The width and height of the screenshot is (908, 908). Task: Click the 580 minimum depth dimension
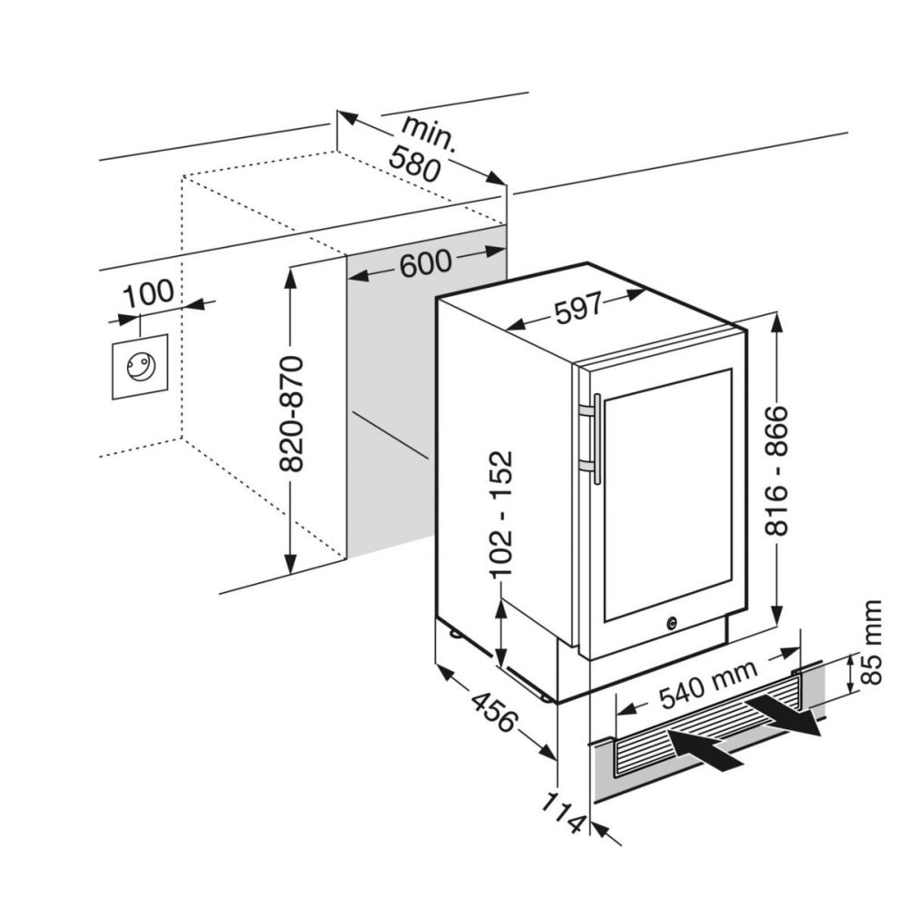415,163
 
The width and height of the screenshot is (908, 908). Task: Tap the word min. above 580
429,135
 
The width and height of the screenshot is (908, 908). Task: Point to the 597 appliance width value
578,308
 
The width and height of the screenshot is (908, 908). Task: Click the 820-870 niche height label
291,414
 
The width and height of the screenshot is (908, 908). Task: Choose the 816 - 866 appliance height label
776,470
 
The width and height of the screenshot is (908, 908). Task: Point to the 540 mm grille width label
709,685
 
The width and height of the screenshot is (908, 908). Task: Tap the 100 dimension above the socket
148,293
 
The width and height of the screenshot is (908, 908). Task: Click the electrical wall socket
140,367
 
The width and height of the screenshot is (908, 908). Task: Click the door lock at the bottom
671,623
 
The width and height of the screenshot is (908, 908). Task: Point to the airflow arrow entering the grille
705,749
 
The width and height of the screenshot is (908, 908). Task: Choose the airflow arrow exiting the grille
783,716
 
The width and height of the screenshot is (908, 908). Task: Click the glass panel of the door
667,494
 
